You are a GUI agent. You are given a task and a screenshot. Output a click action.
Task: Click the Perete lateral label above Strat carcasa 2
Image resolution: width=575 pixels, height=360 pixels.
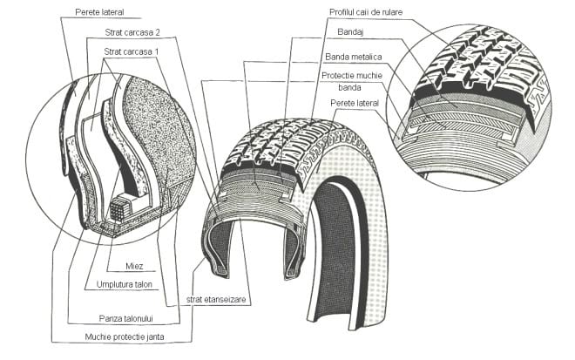point(97,14)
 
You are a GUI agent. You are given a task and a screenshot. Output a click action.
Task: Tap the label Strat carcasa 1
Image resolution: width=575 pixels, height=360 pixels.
point(131,52)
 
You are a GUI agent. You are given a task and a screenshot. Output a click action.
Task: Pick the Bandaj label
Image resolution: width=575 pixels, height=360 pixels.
point(353,32)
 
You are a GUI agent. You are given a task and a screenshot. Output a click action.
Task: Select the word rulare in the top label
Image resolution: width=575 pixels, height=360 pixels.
point(423,13)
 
